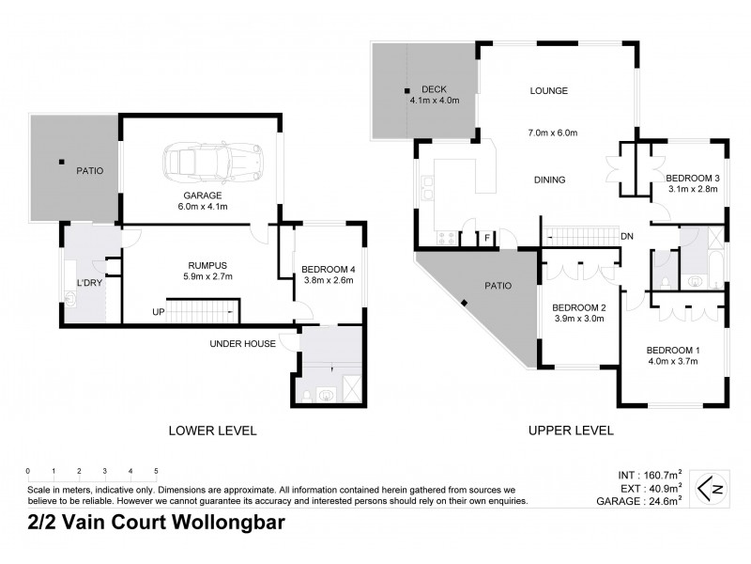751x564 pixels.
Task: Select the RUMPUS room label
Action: tap(207, 264)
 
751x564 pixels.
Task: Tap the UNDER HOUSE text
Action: tap(244, 344)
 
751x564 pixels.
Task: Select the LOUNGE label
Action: tap(549, 91)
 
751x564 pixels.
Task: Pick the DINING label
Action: tap(548, 180)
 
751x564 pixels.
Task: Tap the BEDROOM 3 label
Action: tap(692, 178)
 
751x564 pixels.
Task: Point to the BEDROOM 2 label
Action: tap(578, 308)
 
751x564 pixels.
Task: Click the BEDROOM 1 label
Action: tap(673, 351)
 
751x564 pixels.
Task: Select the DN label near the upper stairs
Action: tap(627, 236)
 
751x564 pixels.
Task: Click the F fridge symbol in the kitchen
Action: tap(487, 237)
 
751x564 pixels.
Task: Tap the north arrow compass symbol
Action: tap(711, 488)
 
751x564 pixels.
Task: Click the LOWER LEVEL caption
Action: tap(211, 431)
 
